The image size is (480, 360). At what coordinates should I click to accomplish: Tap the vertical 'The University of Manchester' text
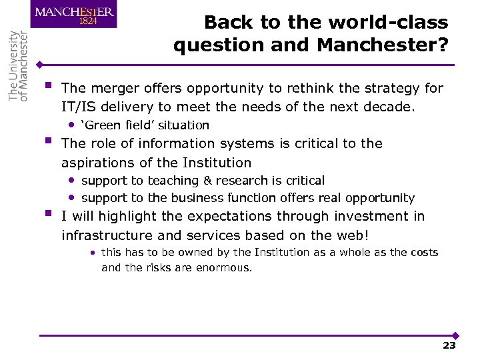point(19,65)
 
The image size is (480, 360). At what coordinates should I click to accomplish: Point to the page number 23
point(449,345)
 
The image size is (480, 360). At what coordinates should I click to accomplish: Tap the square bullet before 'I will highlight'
point(48,215)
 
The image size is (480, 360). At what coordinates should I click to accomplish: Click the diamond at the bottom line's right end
point(456,335)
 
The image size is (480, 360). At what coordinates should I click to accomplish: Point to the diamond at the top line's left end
point(41,65)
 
